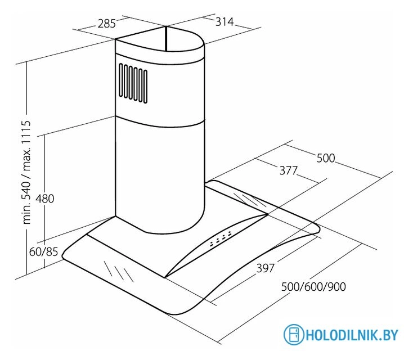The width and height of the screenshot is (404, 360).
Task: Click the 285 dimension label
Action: point(107,24)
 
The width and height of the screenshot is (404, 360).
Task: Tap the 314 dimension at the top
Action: point(225,22)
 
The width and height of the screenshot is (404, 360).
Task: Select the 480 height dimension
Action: point(45,199)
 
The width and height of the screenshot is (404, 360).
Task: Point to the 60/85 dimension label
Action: point(43,252)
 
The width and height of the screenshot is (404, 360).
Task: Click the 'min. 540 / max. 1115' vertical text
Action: point(26,172)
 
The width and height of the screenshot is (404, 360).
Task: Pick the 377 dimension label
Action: point(289,170)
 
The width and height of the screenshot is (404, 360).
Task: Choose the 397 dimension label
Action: point(266,268)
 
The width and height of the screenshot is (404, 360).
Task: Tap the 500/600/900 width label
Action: point(313,287)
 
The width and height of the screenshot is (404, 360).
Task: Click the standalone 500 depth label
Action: point(326,158)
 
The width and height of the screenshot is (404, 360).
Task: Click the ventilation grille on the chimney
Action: point(133,84)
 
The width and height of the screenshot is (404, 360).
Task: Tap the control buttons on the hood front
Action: point(221,238)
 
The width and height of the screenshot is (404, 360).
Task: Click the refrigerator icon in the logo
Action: point(294,334)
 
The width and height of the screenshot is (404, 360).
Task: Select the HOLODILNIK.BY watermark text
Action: point(352,335)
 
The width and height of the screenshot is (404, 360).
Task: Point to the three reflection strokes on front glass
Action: point(119,271)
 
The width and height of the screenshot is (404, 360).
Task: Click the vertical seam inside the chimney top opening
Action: point(166,38)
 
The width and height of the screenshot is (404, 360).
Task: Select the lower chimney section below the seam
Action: point(160,175)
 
